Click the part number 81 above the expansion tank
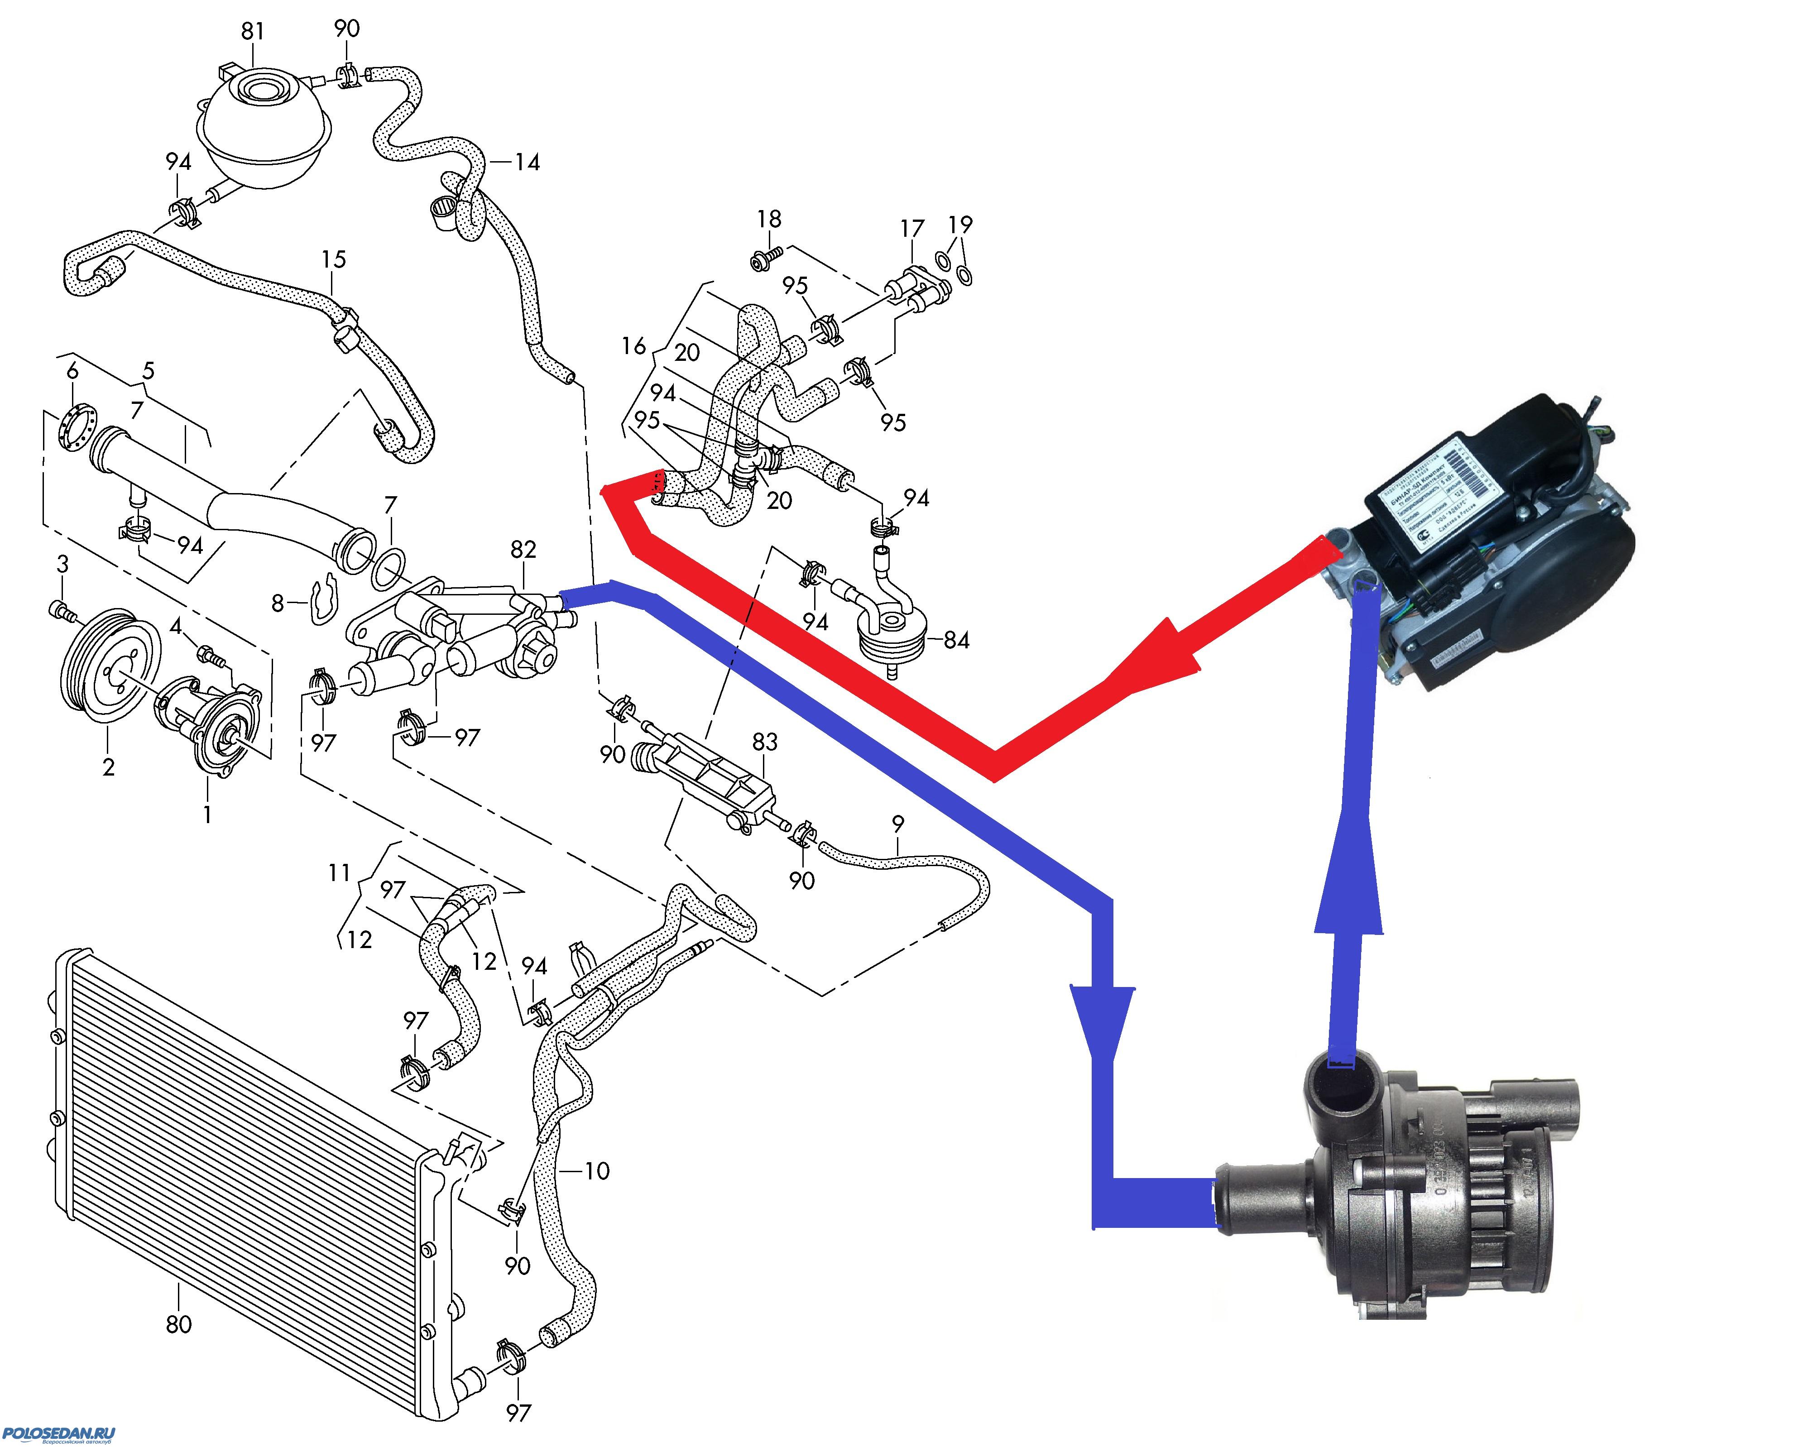[252, 31]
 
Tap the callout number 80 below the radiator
[178, 1324]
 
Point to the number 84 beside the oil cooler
[956, 641]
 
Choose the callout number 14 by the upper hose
[527, 162]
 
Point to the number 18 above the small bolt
[768, 220]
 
